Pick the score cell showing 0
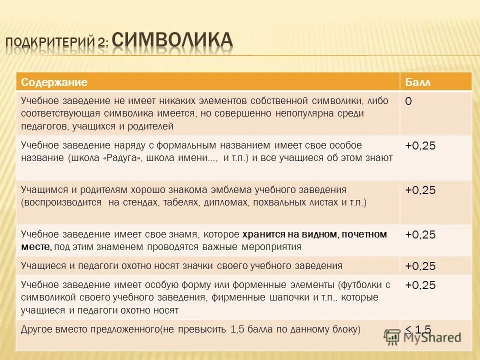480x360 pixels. [x=408, y=101]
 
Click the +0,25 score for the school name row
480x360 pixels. [x=420, y=145]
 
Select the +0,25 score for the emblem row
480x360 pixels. [x=420, y=190]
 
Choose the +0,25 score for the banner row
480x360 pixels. [x=420, y=234]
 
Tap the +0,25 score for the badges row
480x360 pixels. [x=420, y=266]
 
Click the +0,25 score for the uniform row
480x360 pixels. [x=420, y=285]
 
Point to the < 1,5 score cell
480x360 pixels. [x=417, y=329]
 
